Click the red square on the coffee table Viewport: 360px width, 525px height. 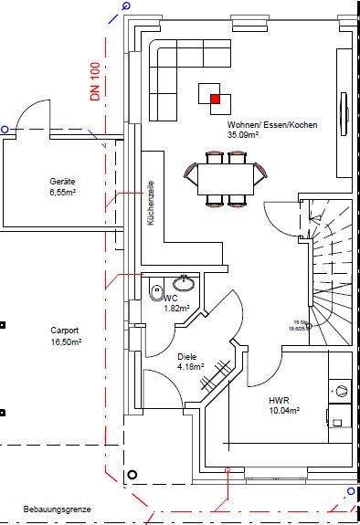point(216,99)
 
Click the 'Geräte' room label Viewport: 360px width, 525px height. point(62,183)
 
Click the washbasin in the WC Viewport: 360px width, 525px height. point(185,279)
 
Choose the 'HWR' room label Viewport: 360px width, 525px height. point(278,401)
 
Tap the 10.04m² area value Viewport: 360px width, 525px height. point(284,411)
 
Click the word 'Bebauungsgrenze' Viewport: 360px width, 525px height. point(33,509)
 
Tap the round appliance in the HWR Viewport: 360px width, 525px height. point(341,391)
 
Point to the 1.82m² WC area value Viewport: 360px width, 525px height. point(176,308)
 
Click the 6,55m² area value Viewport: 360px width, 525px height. point(62,193)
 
